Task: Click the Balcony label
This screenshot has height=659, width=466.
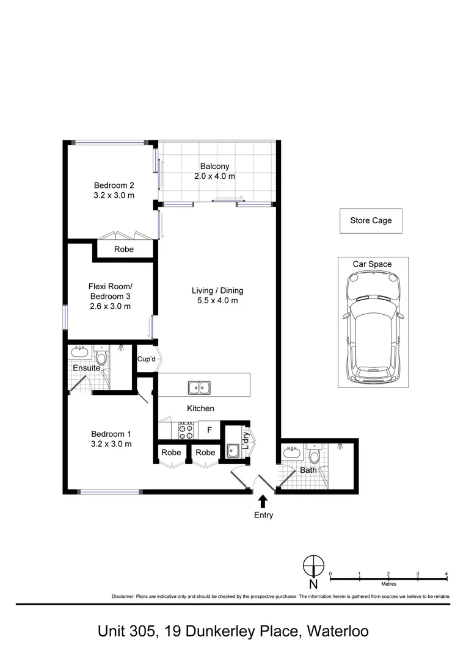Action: [214, 167]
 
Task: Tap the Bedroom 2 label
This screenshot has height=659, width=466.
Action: [114, 185]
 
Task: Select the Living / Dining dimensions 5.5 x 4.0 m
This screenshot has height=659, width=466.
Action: [217, 300]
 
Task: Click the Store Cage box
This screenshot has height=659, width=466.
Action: [371, 221]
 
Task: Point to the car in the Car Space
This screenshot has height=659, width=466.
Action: [373, 326]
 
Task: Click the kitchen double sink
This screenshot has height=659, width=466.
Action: [199, 387]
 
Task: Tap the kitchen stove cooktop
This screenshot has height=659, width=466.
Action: [186, 430]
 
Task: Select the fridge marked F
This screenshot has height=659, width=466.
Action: [209, 430]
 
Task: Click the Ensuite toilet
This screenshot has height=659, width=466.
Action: [101, 356]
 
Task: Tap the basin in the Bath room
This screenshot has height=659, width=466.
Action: [291, 452]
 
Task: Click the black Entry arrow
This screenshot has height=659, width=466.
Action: [263, 502]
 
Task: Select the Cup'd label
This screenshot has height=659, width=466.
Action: [147, 359]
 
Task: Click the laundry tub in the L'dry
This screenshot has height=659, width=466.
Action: [233, 451]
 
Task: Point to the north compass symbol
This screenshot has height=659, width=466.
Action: [314, 566]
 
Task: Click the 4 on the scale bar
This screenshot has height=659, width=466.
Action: [446, 574]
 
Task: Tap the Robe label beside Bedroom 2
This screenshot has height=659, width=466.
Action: [124, 249]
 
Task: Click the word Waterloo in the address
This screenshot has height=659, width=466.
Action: [338, 632]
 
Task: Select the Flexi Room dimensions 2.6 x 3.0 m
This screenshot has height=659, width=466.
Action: [110, 306]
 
